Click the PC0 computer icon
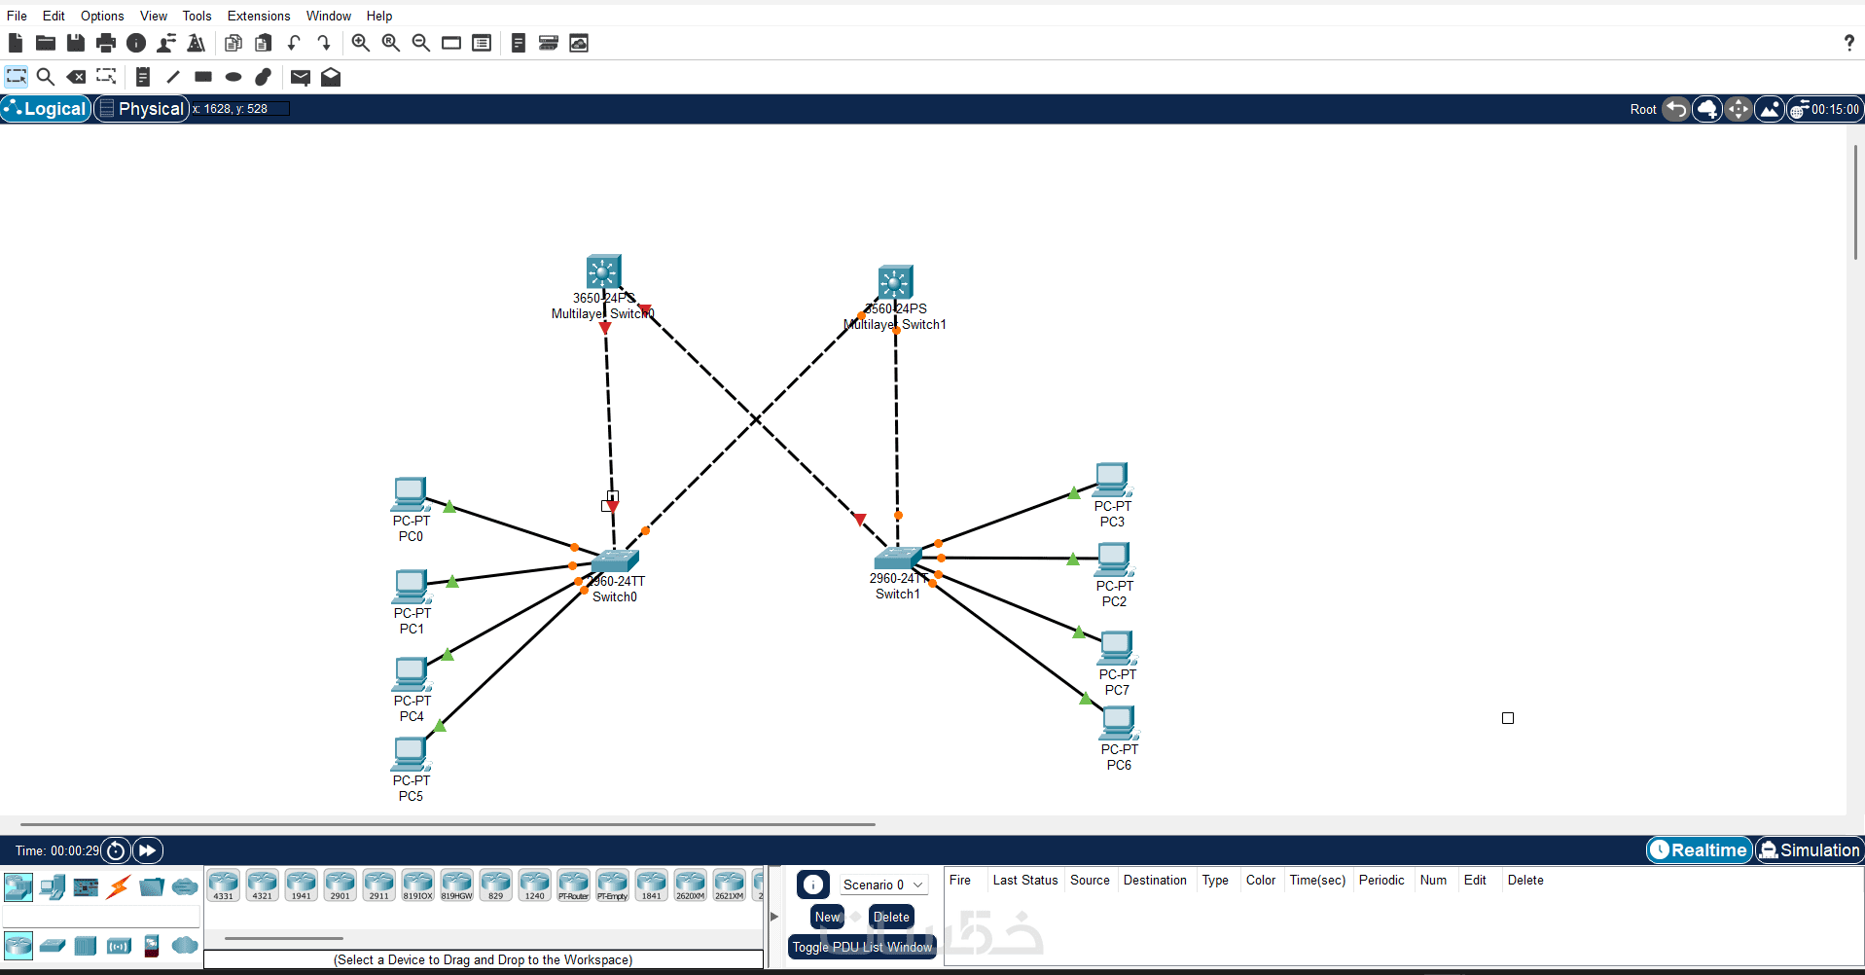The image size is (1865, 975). pos(410,494)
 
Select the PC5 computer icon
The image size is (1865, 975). pos(411,754)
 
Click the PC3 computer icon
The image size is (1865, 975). pos(1111,480)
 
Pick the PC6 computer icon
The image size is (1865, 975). pos(1118,723)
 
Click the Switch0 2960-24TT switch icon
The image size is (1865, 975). pos(614,561)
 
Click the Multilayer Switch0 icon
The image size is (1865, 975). pos(603,271)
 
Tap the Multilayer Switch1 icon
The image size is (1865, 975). pos(895,282)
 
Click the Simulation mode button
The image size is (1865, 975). pos(1810,849)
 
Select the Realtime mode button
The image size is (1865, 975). pos(1699,849)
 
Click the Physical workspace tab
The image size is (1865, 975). pos(142,109)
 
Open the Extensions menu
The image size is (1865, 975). pos(259,16)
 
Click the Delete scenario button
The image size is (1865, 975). pos(891,917)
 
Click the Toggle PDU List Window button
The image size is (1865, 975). pos(862,947)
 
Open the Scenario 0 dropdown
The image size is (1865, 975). pos(882,885)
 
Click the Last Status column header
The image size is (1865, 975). pos(1024,880)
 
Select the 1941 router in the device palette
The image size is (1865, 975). pos(301,885)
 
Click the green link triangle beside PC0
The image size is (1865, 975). pos(449,507)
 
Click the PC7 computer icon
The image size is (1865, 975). pos(1116,648)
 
